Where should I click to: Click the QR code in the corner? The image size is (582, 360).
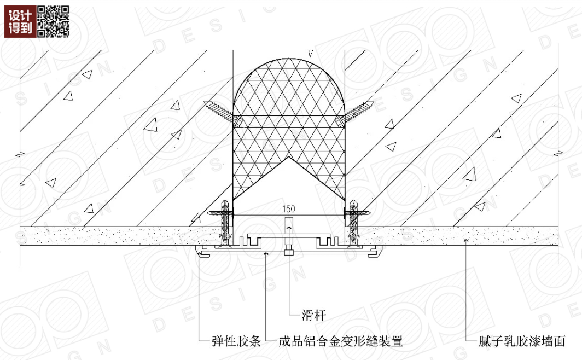point(53,21)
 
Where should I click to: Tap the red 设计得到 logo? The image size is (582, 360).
point(20,21)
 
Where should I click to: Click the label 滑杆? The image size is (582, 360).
point(315,315)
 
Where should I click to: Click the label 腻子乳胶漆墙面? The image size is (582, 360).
point(517,342)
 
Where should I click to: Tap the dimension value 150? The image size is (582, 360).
point(289,208)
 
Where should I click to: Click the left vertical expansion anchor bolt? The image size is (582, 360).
point(224,222)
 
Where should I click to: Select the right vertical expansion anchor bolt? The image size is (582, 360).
point(353,222)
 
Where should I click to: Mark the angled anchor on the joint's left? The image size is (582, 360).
point(219,111)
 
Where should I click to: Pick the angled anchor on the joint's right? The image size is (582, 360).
point(358,111)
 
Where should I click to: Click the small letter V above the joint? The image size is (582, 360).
point(310,53)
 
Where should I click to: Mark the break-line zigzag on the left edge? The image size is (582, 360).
point(20,156)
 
